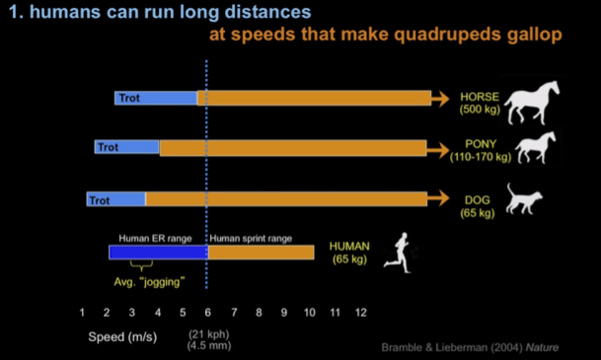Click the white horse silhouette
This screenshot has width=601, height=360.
tap(532, 103)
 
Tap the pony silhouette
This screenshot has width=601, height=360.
tap(538, 148)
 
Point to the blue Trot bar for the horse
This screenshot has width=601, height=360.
tap(155, 99)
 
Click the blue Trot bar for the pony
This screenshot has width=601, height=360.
tap(127, 148)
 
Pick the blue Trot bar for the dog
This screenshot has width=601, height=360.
tap(115, 199)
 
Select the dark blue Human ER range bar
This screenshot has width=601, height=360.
tap(158, 252)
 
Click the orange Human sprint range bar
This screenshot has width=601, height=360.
tap(261, 252)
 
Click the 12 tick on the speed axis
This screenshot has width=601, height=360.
tap(361, 312)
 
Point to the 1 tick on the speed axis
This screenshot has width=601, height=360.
tap(82, 312)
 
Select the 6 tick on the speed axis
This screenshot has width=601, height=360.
tap(208, 312)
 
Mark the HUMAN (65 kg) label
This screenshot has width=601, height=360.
tap(348, 252)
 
